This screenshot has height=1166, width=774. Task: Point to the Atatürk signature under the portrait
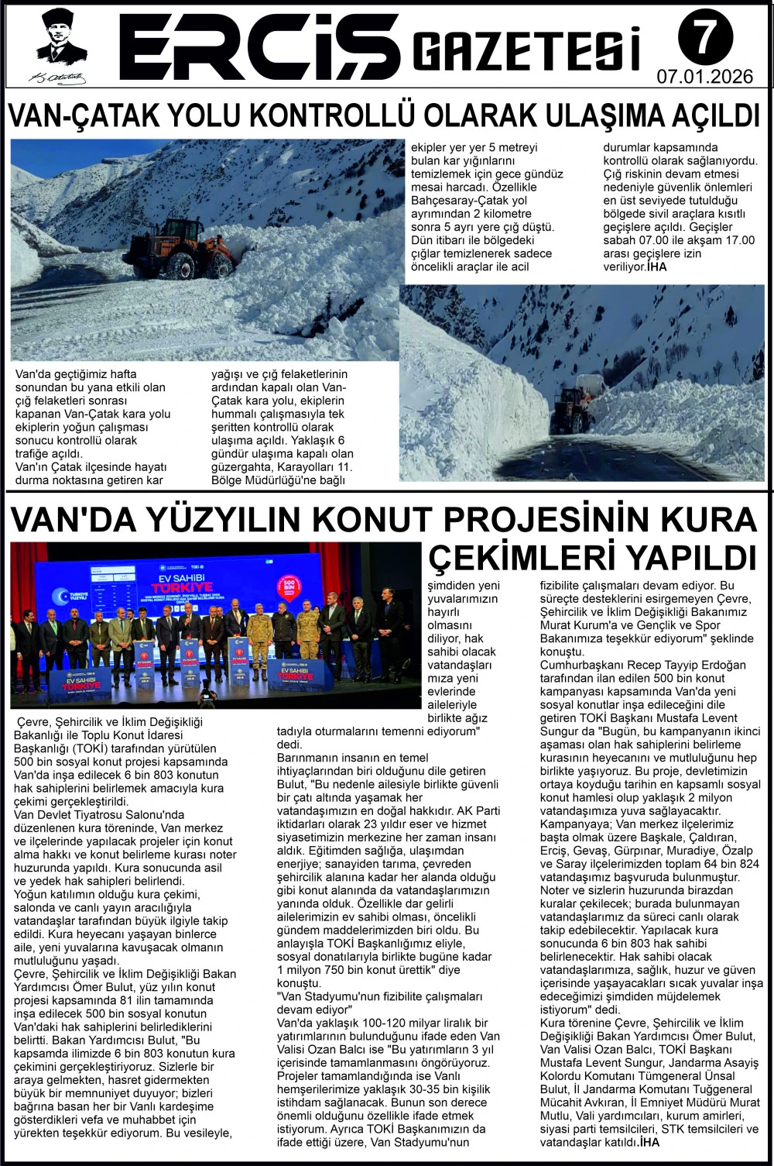(59, 77)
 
